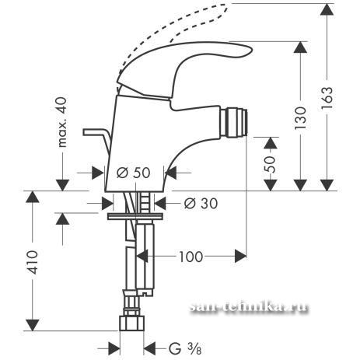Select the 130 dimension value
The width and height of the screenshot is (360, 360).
point(300,117)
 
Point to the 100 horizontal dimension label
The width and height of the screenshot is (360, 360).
point(190,257)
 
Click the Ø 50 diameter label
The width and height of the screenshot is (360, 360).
point(133,173)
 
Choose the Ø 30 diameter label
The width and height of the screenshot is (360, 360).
point(201,203)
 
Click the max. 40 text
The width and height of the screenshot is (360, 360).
point(61,122)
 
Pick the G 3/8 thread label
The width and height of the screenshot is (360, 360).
point(185,348)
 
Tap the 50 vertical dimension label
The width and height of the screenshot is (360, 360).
point(270,164)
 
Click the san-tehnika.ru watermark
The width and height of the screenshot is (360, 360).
point(249,307)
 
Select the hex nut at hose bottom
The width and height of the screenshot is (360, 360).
point(131,323)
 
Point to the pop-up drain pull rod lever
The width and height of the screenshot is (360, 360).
point(96,139)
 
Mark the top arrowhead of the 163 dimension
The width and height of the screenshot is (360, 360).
point(327,9)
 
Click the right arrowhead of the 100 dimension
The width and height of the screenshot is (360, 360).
point(240,257)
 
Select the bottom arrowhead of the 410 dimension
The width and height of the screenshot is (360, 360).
point(32,325)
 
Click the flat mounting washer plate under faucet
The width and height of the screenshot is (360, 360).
point(135,216)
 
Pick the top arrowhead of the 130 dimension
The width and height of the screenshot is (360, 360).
point(301,47)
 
